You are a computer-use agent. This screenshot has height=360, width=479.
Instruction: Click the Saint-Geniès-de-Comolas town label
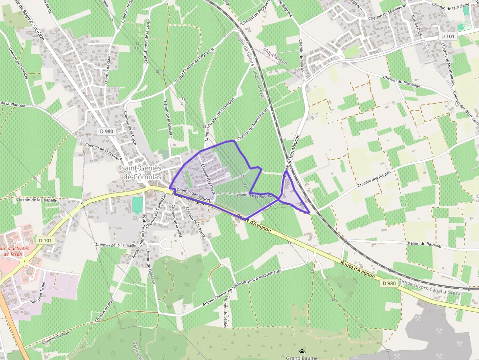pyautogui.click(x=141, y=172)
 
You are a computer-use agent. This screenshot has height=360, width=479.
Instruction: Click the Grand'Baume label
pyautogui.click(x=303, y=357)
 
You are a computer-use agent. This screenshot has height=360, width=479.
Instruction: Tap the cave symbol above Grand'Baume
pyautogui.click(x=303, y=351)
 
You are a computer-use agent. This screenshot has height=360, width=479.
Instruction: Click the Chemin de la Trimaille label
pyautogui.click(x=115, y=245)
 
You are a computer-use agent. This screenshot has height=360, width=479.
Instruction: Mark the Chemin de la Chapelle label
pyautogui.click(x=37, y=200)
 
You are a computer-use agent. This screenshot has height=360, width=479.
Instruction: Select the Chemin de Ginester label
pyautogui.click(x=18, y=62)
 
